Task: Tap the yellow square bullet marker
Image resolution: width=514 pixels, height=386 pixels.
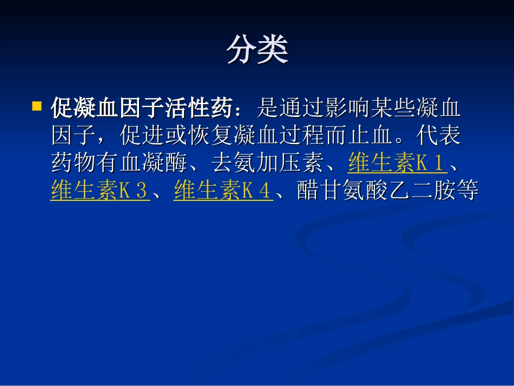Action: [x=37, y=105]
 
